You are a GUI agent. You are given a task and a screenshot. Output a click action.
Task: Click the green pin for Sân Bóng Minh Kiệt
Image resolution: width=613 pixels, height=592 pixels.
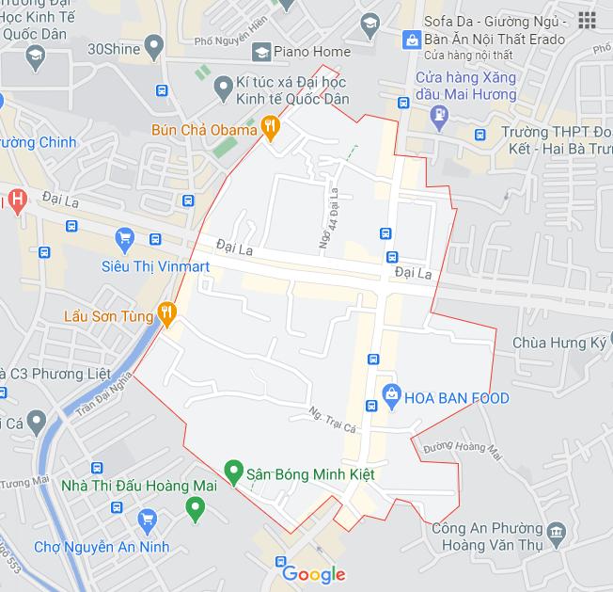coord(234,470)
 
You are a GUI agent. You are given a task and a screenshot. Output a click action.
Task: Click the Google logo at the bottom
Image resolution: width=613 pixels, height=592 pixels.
coord(313,573)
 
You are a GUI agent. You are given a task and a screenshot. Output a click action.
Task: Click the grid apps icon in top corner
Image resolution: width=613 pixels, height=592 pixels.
coord(588,20)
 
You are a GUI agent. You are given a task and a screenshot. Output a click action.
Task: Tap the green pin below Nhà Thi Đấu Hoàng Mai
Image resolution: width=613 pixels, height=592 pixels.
coord(196,509)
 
